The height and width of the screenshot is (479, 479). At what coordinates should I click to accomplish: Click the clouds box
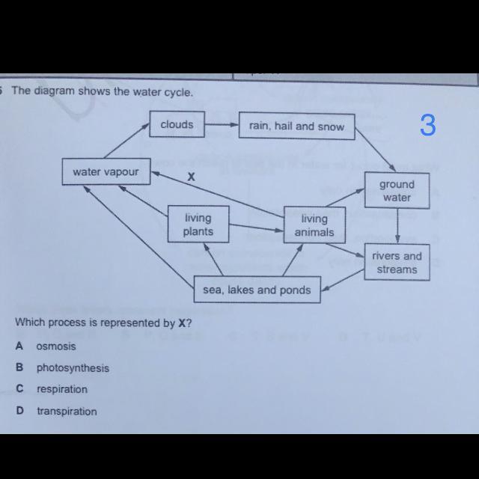pyautogui.click(x=177, y=124)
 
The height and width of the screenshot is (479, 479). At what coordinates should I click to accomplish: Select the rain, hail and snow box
pyautogui.click(x=296, y=126)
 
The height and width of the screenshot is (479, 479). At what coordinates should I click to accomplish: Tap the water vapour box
pyautogui.click(x=106, y=171)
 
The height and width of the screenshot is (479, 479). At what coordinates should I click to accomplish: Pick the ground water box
pyautogui.click(x=396, y=191)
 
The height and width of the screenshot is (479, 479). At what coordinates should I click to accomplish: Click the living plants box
pyautogui.click(x=198, y=225)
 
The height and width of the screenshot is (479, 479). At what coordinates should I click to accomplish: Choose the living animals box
pyautogui.click(x=314, y=225)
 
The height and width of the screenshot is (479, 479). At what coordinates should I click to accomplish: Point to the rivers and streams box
pyautogui.click(x=397, y=263)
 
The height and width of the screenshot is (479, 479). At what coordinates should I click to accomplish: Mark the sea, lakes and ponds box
pyautogui.click(x=257, y=290)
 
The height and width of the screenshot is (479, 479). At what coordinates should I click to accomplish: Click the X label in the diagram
pyautogui.click(x=191, y=177)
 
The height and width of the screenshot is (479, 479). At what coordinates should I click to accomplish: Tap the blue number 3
pyautogui.click(x=427, y=125)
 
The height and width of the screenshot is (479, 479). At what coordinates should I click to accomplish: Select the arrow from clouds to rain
pyautogui.click(x=222, y=125)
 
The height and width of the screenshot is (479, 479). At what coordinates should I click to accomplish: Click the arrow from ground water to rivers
pyautogui.click(x=397, y=226)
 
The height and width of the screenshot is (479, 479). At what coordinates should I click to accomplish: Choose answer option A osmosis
pyautogui.click(x=55, y=347)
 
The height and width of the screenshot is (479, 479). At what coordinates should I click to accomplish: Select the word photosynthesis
pyautogui.click(x=73, y=368)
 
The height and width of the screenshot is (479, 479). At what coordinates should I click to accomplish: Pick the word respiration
pyautogui.click(x=62, y=389)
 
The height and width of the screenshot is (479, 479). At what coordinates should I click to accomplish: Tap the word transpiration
pyautogui.click(x=67, y=411)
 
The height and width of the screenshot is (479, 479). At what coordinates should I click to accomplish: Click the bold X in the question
pyautogui.click(x=180, y=323)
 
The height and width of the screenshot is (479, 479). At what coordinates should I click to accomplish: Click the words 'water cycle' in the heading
pyautogui.click(x=165, y=92)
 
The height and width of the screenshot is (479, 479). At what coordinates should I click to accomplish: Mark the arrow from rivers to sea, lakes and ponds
pyautogui.click(x=343, y=280)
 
